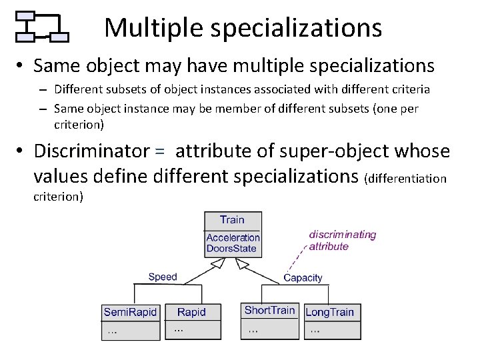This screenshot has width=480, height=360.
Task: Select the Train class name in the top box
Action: [x=232, y=219]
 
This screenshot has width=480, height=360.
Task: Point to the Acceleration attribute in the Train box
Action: [x=233, y=237]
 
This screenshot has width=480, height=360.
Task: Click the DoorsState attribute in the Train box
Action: [x=231, y=249]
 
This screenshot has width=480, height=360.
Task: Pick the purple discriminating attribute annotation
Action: [x=342, y=240]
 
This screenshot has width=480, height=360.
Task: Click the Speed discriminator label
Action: [x=163, y=277]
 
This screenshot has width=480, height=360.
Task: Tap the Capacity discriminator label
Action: [x=303, y=277]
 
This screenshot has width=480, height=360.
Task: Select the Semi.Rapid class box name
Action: [x=130, y=312]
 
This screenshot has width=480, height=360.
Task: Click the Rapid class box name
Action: [x=191, y=312]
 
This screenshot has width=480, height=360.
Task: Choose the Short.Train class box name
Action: [x=269, y=310]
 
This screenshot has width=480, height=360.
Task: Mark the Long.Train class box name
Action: [x=329, y=312]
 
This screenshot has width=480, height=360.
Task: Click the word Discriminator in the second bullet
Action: [x=91, y=151]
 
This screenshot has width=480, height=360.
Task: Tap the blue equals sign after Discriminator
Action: [x=159, y=152]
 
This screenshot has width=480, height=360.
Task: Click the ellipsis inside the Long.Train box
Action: [x=315, y=329]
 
